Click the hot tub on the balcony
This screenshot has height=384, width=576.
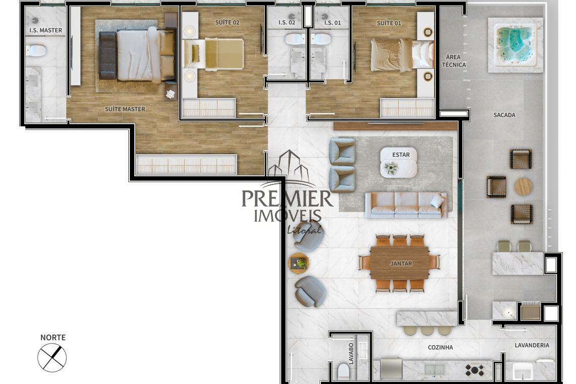[515, 45]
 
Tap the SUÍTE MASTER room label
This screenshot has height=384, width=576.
[125, 109]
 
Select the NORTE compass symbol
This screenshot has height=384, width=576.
[52, 358]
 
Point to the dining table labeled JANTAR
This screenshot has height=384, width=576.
[400, 263]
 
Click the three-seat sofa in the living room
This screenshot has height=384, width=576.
[406, 205]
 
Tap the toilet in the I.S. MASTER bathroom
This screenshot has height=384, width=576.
[36, 51]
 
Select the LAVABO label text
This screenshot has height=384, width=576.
[351, 354]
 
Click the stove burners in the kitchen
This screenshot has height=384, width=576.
[474, 370]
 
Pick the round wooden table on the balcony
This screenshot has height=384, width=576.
[523, 186]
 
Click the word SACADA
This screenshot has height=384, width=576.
[504, 115]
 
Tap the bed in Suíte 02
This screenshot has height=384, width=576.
[213, 55]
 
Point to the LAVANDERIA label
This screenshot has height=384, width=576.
[532, 346]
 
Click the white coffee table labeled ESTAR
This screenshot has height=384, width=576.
[399, 162]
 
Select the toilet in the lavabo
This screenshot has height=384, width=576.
[344, 371]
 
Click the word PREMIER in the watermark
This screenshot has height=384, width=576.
[287, 199]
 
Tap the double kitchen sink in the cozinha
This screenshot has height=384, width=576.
[435, 369]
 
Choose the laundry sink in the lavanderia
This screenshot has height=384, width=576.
[523, 371]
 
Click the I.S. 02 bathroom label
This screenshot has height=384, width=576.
[287, 22]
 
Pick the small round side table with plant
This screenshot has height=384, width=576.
[299, 263]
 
